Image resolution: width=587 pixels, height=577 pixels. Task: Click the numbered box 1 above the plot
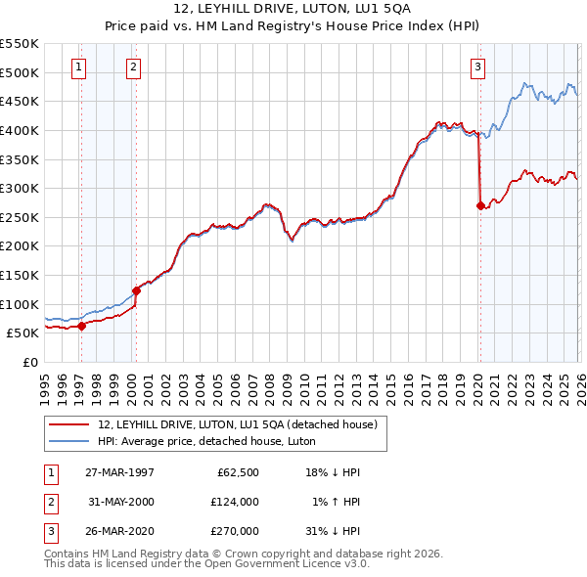(x=78, y=67)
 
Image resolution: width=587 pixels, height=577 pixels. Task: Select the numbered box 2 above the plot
(x=133, y=67)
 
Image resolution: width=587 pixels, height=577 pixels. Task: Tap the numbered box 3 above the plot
(x=476, y=67)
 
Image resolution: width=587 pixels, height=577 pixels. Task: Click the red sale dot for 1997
(x=82, y=327)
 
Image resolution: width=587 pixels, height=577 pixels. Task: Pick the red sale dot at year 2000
(x=136, y=290)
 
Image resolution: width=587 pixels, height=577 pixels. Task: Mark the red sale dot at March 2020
(x=480, y=206)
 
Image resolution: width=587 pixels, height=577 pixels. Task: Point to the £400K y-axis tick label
(x=21, y=130)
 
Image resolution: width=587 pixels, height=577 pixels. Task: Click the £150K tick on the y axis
(x=21, y=275)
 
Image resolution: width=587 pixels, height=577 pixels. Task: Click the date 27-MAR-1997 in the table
(x=118, y=471)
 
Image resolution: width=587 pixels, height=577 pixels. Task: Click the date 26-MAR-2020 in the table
(x=118, y=532)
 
